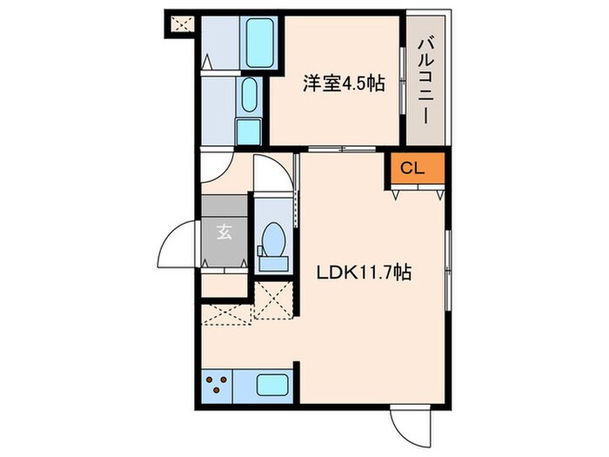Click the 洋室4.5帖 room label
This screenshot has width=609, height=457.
click(x=344, y=85)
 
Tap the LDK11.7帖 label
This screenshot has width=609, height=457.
click(x=364, y=272)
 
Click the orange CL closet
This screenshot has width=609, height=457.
click(x=412, y=168)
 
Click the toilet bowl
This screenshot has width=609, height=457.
click(x=272, y=237)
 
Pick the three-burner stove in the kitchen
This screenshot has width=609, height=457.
click(x=217, y=384)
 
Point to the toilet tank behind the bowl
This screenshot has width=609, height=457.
click(x=272, y=260)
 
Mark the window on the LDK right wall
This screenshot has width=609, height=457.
click(x=447, y=269)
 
